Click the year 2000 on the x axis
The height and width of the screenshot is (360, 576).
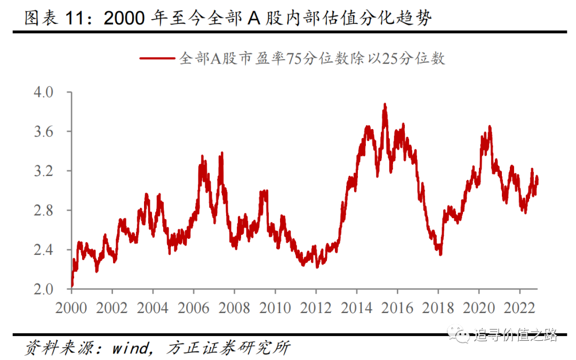(71, 308)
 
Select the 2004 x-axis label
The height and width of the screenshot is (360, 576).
(153, 308)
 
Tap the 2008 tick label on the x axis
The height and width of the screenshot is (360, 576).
(235, 308)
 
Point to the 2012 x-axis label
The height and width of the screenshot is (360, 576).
(316, 308)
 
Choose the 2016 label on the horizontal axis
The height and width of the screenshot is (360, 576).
(397, 308)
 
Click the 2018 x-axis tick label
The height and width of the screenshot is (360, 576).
(438, 308)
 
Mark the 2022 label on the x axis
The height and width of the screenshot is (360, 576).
(519, 308)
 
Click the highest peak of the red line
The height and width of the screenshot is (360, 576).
(385, 105)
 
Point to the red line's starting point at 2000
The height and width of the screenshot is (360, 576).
(72, 286)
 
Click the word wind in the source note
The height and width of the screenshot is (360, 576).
(130, 349)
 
